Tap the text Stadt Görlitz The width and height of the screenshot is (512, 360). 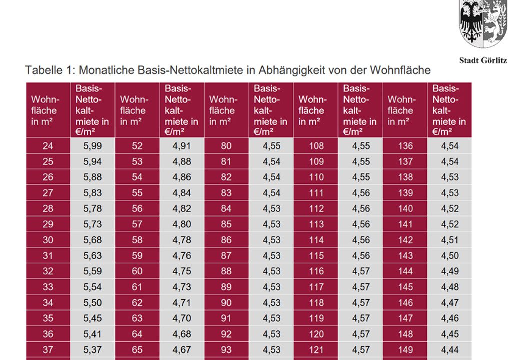click(x=483, y=60)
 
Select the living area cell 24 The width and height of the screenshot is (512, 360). click(x=48, y=146)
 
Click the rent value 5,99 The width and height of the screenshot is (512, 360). click(x=92, y=146)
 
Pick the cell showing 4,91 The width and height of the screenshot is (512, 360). click(x=182, y=146)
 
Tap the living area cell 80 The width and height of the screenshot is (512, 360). click(x=226, y=146)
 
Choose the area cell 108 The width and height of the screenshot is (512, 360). click(x=316, y=146)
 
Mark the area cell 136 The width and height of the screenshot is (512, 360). click(x=405, y=146)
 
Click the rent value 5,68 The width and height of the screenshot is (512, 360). click(x=92, y=240)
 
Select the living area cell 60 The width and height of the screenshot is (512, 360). click(x=137, y=271)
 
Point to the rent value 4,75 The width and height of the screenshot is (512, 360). click(x=182, y=271)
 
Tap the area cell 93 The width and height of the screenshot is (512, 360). click(x=226, y=350)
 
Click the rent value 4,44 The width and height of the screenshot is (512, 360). click(x=450, y=350)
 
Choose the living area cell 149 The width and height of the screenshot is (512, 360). click(x=405, y=350)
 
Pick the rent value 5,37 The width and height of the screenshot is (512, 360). click(x=92, y=350)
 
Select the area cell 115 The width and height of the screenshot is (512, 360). click(x=316, y=256)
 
